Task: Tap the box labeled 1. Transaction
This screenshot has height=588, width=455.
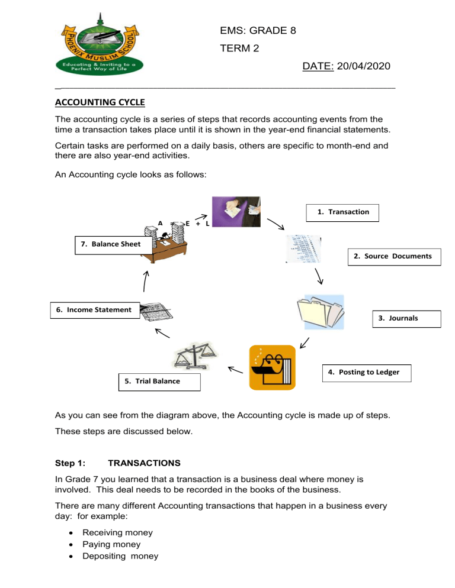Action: [343, 212]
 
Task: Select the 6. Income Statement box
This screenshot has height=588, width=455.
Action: [95, 310]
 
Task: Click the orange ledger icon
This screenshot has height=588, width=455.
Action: [272, 366]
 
